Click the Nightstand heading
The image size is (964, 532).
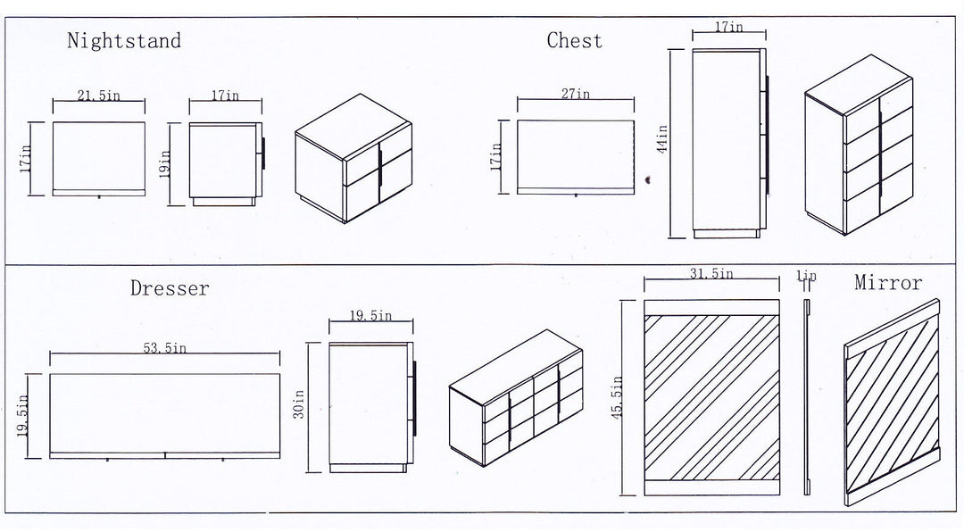tap(124, 40)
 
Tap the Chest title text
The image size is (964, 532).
tap(574, 40)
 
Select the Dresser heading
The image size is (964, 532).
tap(170, 287)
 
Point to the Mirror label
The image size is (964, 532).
tap(888, 282)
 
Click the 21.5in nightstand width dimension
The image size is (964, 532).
tap(98, 96)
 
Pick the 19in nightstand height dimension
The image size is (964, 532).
tap(164, 164)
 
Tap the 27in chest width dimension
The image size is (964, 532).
tap(576, 94)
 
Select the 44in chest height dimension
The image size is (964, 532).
tap(661, 139)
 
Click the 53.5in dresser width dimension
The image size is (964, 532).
tap(165, 348)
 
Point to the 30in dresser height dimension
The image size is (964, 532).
tap(299, 404)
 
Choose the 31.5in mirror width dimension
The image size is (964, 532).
tap(711, 273)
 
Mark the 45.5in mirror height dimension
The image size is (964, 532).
tap(618, 397)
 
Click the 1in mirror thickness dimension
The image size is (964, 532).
tap(807, 276)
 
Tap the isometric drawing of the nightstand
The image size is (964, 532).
tap(353, 158)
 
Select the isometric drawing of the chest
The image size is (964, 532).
tap(859, 145)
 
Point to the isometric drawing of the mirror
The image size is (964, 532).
tap(892, 403)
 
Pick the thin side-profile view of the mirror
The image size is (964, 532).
tap(807, 397)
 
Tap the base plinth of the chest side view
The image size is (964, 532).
tap(726, 235)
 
